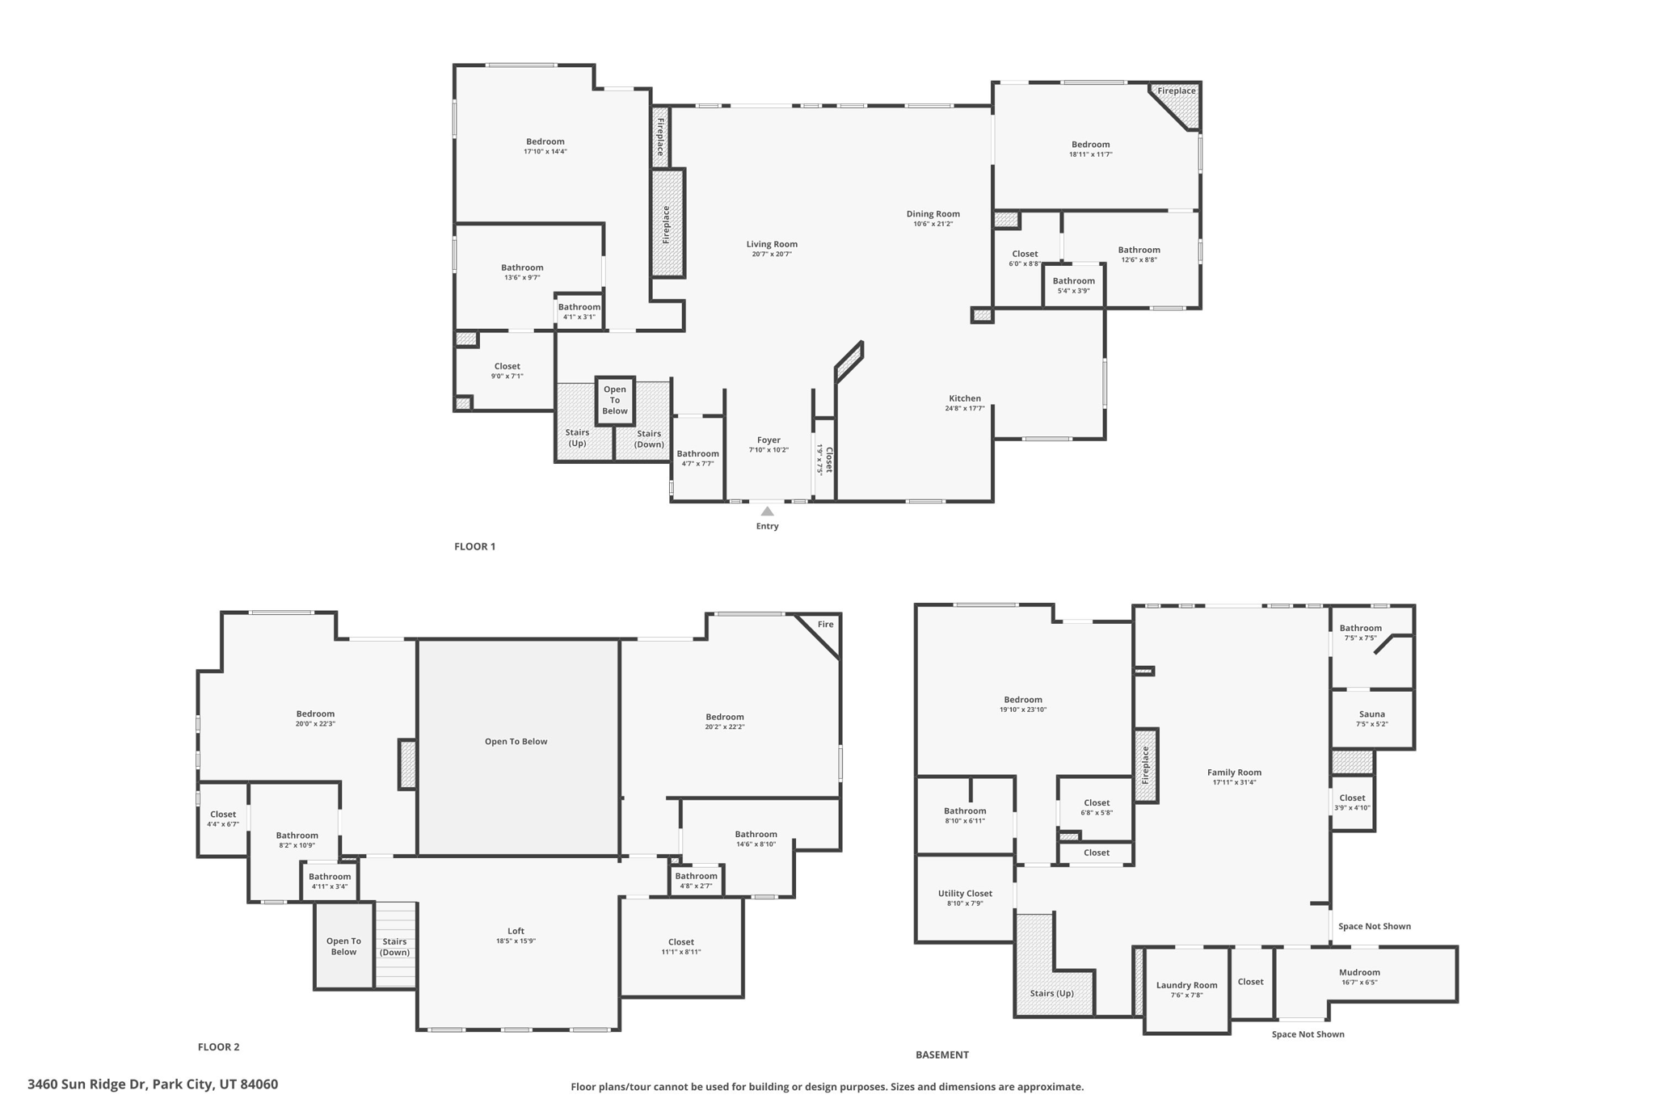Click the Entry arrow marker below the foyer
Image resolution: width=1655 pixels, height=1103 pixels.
[767, 512]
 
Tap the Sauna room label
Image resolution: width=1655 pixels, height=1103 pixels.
[1371, 714]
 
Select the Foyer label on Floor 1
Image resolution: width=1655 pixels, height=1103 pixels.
[769, 440]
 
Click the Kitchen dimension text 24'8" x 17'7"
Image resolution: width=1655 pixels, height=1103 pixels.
[965, 409]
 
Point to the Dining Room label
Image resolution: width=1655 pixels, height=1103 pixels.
[933, 214]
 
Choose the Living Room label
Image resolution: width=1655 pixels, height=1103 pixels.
[772, 244]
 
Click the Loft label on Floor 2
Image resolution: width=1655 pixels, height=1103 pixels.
[516, 931]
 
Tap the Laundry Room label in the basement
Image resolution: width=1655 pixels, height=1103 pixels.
[1186, 985]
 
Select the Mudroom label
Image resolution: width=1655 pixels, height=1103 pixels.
[1359, 973]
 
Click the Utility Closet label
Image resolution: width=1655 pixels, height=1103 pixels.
[965, 894]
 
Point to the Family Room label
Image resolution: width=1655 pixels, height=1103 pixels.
[1234, 773]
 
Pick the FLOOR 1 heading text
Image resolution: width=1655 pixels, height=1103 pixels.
[474, 547]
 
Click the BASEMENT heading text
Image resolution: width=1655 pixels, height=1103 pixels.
[941, 1055]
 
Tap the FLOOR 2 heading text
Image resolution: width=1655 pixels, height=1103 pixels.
[218, 1047]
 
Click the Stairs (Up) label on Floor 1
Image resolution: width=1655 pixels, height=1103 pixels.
[577, 438]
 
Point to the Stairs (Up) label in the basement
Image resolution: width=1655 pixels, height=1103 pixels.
[1051, 993]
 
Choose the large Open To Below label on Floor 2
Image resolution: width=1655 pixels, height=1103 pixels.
[516, 742]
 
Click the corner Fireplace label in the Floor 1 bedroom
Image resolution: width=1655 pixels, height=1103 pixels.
[1176, 91]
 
